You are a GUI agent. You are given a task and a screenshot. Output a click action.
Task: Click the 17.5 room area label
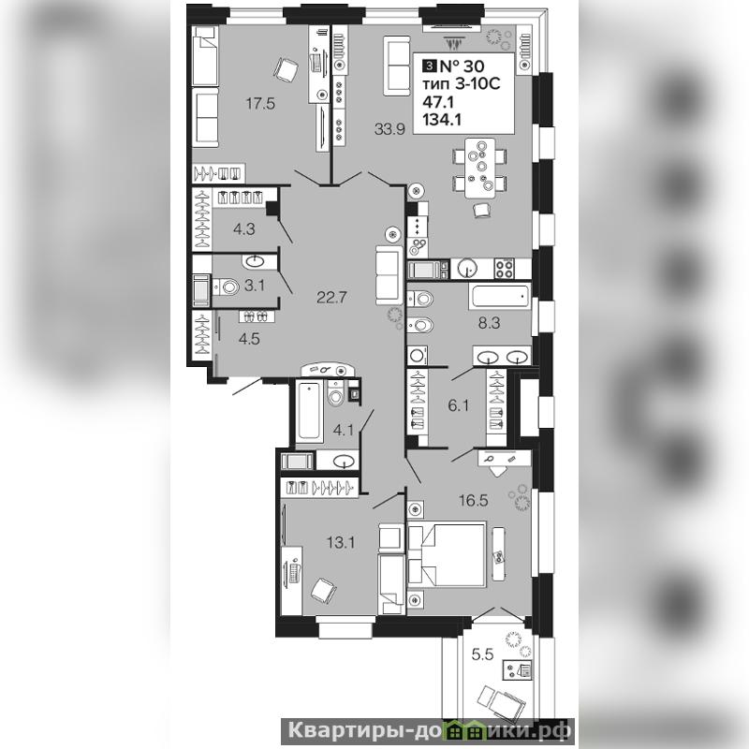pos(260,103)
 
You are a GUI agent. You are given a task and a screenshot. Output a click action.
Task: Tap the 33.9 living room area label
pos(389,129)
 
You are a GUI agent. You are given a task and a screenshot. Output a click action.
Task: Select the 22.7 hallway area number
pos(331,298)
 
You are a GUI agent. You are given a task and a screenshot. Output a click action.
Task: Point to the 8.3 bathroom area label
pos(489,323)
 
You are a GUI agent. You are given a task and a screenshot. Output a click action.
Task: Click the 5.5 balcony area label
pos(482,654)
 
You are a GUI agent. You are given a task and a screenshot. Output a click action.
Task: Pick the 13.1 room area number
pos(341,542)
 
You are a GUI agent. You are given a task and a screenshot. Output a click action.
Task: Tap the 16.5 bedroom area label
pos(474,500)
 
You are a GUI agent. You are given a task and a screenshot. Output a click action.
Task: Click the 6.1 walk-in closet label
pos(458,405)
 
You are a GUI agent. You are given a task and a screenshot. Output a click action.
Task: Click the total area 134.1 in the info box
pos(442,120)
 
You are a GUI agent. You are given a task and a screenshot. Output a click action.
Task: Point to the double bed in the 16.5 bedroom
pos(447,554)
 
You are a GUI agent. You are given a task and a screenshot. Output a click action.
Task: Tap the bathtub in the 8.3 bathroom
pos(500,297)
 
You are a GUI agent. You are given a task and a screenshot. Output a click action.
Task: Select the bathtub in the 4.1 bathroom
pos(309,410)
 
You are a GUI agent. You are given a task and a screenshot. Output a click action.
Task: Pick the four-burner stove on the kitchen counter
pos(505,269)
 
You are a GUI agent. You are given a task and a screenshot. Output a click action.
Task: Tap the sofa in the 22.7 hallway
pos(389,275)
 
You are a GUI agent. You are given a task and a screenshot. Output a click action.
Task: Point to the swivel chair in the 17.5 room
pos(286,69)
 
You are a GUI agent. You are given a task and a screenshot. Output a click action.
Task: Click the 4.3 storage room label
pos(244,229)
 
